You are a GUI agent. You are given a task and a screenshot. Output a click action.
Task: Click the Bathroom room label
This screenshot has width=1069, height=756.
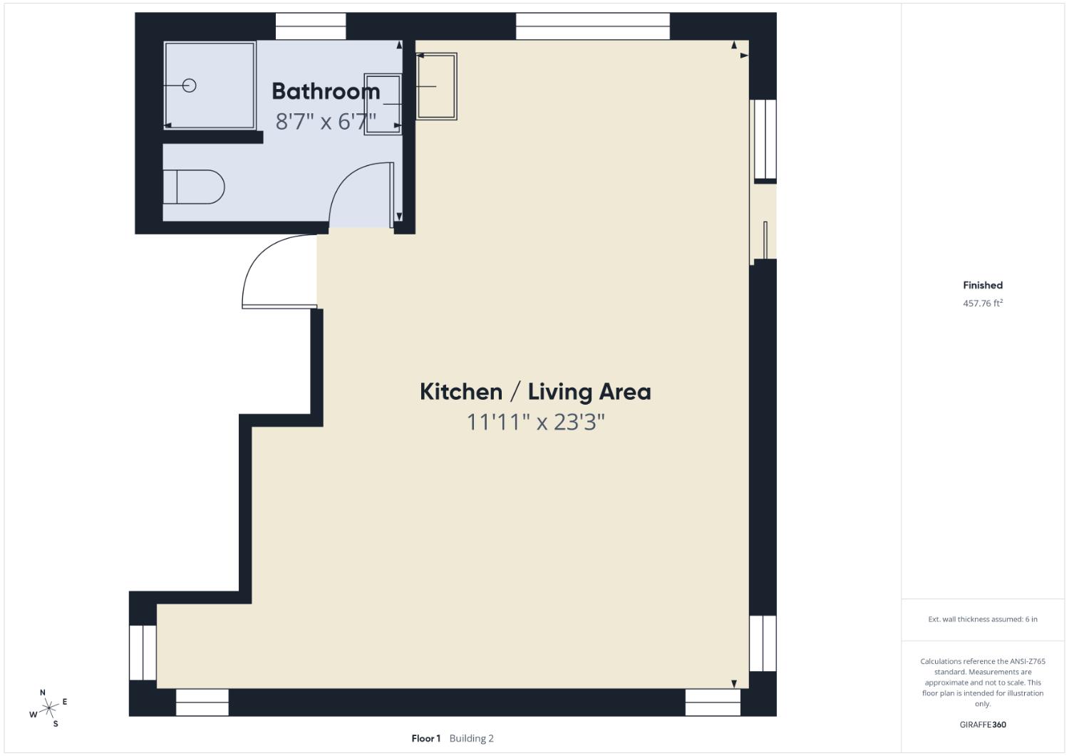(x=326, y=91)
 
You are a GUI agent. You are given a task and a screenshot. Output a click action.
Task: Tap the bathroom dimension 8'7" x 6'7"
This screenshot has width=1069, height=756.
(x=326, y=122)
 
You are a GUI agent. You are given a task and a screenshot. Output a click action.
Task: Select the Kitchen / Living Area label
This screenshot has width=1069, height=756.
(x=534, y=391)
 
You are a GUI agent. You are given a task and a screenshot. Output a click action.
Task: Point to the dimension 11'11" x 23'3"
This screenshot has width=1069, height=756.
(x=534, y=422)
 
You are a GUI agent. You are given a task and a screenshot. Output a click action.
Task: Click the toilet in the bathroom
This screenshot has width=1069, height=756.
(x=193, y=187)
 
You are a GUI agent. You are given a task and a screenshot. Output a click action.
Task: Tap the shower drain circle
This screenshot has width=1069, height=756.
(x=189, y=86)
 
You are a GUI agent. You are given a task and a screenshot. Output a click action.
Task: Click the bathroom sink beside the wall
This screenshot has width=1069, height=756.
(x=383, y=104)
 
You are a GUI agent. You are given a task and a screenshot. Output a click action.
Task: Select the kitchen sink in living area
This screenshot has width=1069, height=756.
(x=436, y=86)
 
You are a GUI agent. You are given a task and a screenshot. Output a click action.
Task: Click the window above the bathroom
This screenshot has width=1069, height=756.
(x=310, y=26)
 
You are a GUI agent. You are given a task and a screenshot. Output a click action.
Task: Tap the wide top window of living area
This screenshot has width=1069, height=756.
(x=592, y=26)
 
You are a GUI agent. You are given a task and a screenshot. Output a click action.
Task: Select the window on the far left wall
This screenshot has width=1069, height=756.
(x=143, y=652)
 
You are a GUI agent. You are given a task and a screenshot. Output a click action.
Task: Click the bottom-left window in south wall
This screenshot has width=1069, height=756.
(x=202, y=702)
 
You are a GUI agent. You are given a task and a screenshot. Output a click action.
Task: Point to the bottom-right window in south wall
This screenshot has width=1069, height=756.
(x=713, y=702)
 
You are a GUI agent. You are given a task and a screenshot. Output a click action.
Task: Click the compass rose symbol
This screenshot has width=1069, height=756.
(x=49, y=708)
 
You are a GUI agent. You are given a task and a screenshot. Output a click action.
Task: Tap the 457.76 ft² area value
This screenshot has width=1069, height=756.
(x=982, y=303)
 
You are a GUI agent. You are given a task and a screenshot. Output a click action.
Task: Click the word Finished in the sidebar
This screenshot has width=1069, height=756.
(x=982, y=285)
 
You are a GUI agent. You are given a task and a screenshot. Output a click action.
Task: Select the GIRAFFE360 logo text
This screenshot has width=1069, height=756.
(x=982, y=725)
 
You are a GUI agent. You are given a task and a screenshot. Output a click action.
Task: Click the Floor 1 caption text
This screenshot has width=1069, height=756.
(x=426, y=738)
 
